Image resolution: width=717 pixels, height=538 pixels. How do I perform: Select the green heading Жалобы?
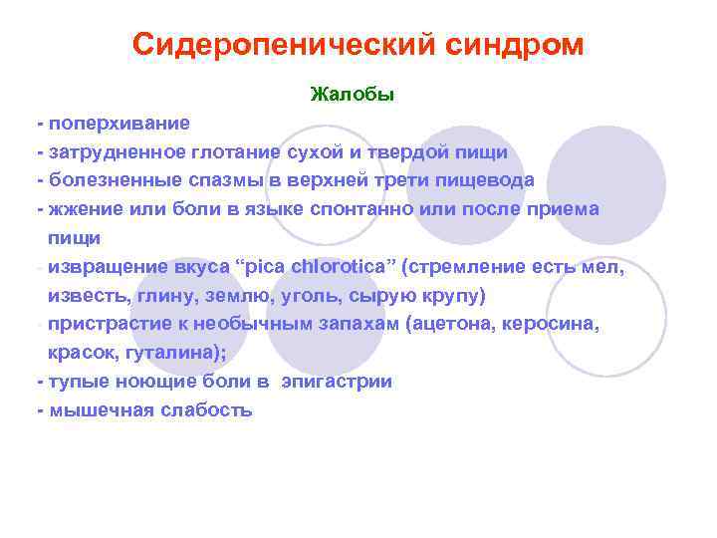pos(353,95)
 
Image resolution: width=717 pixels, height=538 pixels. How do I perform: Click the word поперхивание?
pos(119,124)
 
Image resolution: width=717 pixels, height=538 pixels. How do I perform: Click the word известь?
pos(83,296)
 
